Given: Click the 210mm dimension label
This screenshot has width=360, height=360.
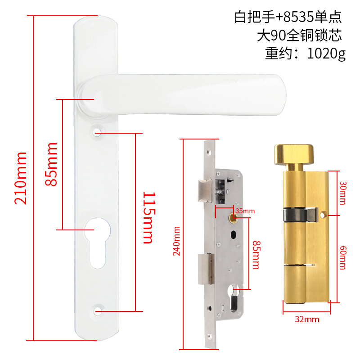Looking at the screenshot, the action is point(21,178).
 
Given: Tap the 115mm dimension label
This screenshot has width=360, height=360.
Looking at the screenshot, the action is point(148,217).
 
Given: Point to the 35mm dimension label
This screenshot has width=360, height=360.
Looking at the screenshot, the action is point(245,211).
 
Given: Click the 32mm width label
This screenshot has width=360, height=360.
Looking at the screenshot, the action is point(308,319).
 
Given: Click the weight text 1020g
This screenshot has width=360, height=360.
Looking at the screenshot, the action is point(326,54).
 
